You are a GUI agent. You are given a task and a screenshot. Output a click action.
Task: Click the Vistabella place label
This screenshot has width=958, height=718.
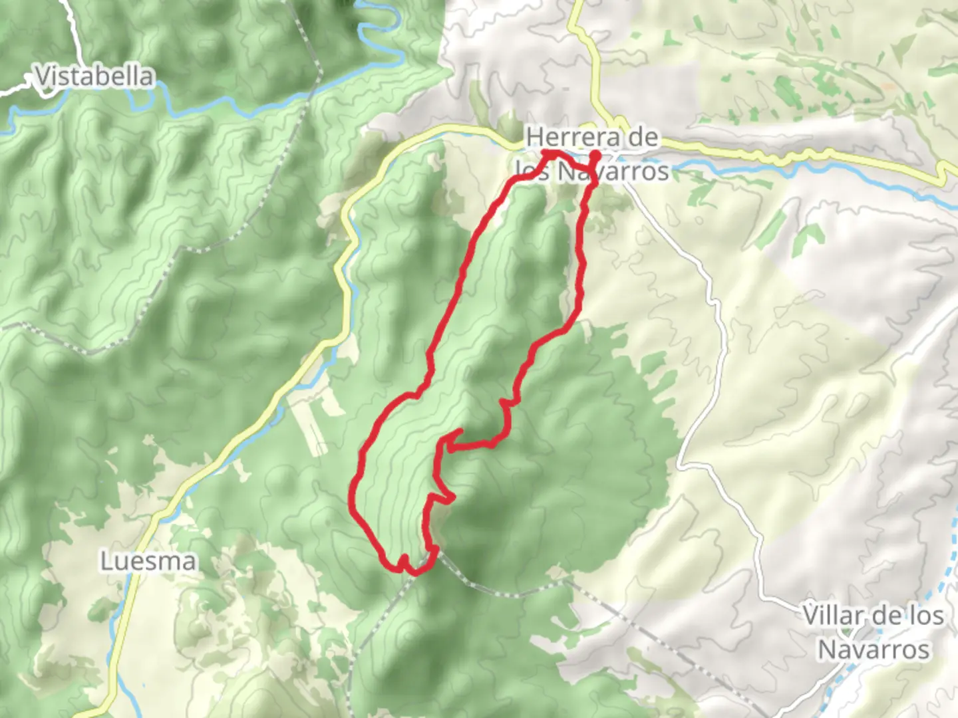tap(94, 76)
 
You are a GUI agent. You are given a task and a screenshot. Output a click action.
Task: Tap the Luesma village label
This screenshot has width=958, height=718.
tap(148, 562)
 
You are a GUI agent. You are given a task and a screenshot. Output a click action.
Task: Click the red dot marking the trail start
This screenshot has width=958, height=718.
tap(595, 156)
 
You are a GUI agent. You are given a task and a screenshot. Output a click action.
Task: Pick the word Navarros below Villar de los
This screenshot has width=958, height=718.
tap(873, 650)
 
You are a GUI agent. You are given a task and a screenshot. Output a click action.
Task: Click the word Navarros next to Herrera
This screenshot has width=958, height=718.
tap(612, 172)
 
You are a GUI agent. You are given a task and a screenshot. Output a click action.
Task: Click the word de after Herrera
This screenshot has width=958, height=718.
tap(643, 138)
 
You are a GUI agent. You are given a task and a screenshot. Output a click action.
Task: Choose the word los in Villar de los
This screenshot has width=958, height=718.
tap(927, 615)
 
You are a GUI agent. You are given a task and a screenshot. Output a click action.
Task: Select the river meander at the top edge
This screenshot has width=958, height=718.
tap(373, 20)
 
